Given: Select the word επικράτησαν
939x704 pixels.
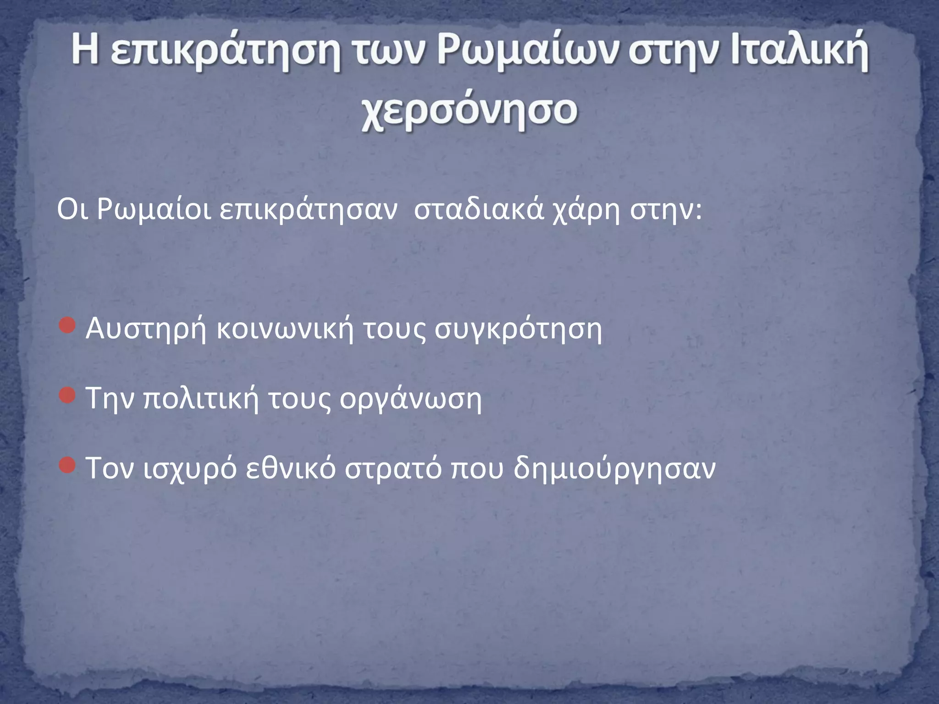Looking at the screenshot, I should [308, 211].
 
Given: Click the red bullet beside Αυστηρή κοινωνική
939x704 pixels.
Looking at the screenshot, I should [67, 326].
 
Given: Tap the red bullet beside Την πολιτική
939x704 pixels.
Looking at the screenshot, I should [67, 396].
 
